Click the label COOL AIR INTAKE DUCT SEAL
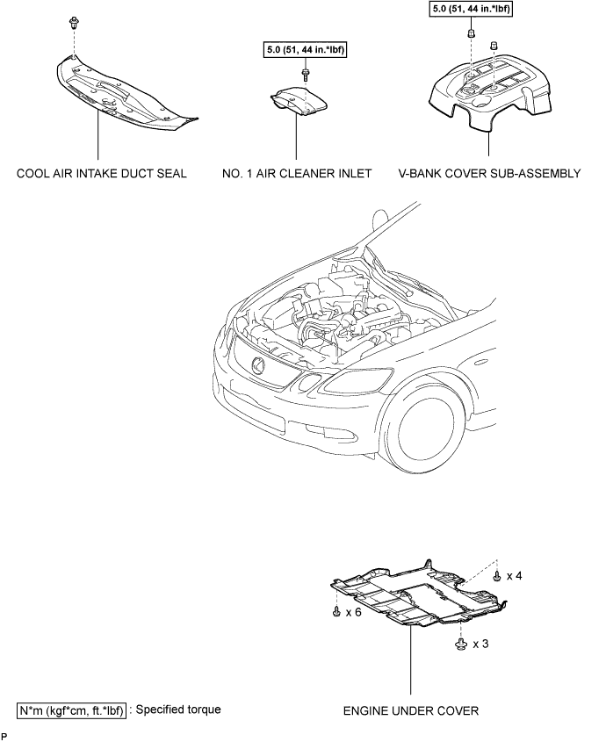click(101, 174)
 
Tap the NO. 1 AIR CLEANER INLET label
click(297, 174)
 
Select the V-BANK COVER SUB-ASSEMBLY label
click(489, 174)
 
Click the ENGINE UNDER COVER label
click(411, 710)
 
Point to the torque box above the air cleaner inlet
click(305, 50)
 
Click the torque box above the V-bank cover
click(471, 8)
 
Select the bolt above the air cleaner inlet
click(306, 75)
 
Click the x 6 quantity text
click(353, 612)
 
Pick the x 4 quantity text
click(514, 576)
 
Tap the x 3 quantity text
click(480, 644)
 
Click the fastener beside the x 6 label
click(336, 611)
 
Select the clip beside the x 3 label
click(460, 644)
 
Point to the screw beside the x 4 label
click(497, 576)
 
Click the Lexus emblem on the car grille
click(259, 364)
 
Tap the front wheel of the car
click(425, 429)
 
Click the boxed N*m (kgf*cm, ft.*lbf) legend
click(72, 710)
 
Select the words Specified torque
click(178, 710)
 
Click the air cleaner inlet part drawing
click(299, 101)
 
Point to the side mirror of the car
click(381, 219)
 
